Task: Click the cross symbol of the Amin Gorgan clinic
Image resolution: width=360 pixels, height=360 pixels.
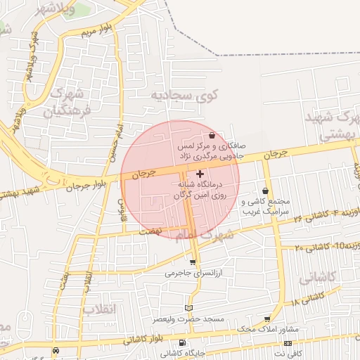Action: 200,173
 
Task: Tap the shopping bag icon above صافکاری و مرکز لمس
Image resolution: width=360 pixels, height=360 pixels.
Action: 212,135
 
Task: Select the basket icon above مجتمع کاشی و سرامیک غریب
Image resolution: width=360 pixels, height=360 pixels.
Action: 265,191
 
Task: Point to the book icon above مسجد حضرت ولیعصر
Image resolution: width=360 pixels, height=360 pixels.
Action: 187,307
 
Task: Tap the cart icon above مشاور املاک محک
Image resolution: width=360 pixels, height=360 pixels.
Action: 267,318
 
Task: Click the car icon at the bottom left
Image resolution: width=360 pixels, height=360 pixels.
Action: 6,342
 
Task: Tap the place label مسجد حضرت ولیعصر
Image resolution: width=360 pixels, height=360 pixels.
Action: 187,319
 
